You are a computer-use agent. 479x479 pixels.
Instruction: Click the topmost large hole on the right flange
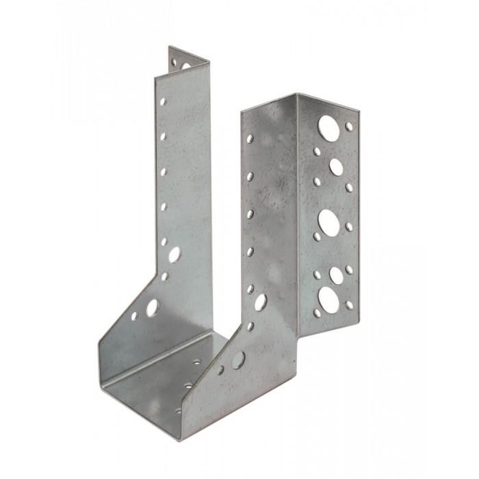point(329,128)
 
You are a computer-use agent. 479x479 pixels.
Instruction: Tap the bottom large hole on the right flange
point(330,300)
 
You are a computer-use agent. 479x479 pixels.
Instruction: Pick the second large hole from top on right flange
point(336,166)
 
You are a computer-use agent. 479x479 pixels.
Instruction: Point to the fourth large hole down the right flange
point(336,274)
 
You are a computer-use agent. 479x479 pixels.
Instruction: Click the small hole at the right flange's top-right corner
point(349,127)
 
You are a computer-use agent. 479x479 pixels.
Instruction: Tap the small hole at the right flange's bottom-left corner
point(317,313)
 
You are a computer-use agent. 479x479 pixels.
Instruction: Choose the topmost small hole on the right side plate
point(250,139)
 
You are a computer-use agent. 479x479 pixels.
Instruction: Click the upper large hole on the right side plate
point(261,301)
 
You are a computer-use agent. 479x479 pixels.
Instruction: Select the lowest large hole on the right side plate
point(238,359)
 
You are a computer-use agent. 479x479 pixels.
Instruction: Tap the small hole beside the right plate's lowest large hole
point(220,370)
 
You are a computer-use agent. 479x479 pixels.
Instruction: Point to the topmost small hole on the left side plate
point(163,101)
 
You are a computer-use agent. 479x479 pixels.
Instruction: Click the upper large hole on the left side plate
point(174,254)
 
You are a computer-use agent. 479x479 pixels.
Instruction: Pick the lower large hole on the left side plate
point(152,307)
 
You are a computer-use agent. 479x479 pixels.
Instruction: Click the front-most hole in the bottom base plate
point(179,411)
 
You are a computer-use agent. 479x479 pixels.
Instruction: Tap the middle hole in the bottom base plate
point(188,387)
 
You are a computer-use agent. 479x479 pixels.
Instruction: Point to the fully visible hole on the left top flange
point(185,66)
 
